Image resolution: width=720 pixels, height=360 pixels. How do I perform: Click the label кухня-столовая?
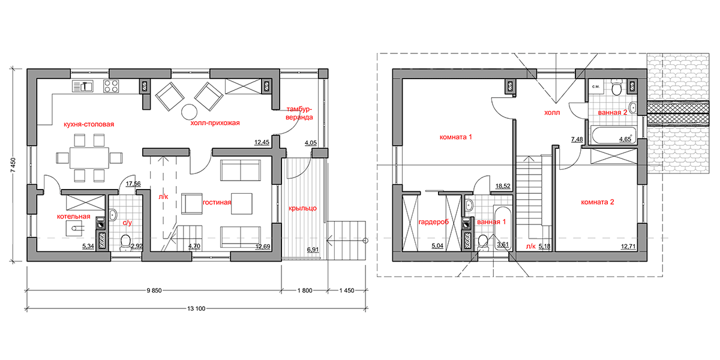coord(89,124)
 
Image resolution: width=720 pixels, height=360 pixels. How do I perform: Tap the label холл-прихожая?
coord(215,123)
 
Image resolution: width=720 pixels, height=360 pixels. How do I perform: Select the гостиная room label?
coord(217,202)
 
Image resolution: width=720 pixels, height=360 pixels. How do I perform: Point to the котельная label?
coord(74,217)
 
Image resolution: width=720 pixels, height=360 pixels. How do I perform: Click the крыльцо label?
coord(302,208)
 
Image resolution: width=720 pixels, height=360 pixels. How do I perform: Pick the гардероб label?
coord(434,222)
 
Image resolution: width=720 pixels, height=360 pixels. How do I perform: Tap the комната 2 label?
coord(598,202)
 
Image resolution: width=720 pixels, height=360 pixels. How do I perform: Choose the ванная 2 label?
coord(613,113)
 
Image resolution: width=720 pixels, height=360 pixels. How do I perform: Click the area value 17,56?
coord(133,184)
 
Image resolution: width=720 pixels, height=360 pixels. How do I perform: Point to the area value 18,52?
coord(503,186)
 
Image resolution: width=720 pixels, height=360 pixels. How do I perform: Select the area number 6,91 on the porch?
coord(313,250)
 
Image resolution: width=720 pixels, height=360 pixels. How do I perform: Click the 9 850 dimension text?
coord(154,290)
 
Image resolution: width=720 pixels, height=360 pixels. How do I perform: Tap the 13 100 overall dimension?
coord(196,308)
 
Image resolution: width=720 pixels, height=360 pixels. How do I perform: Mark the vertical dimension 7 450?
coord(13,166)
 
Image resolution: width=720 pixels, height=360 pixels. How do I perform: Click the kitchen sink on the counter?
coord(83,86)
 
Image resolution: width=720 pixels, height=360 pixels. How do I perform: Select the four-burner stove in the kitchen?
coord(111,86)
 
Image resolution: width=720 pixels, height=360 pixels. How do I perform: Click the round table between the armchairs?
coord(190,112)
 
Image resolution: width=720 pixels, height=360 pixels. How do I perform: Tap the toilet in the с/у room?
coord(125,242)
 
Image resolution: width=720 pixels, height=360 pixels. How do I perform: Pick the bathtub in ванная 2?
coord(613,136)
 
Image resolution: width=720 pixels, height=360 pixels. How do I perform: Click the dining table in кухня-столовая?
coord(89,158)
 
